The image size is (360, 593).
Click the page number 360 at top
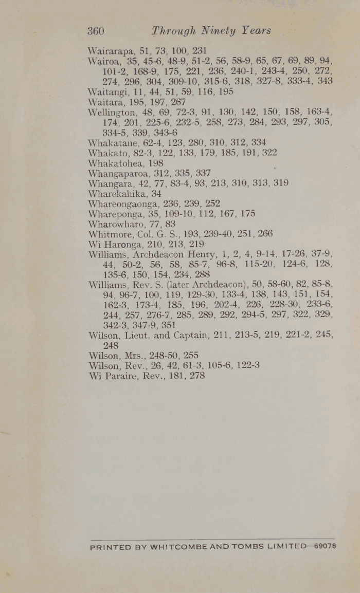(x=96, y=31)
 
